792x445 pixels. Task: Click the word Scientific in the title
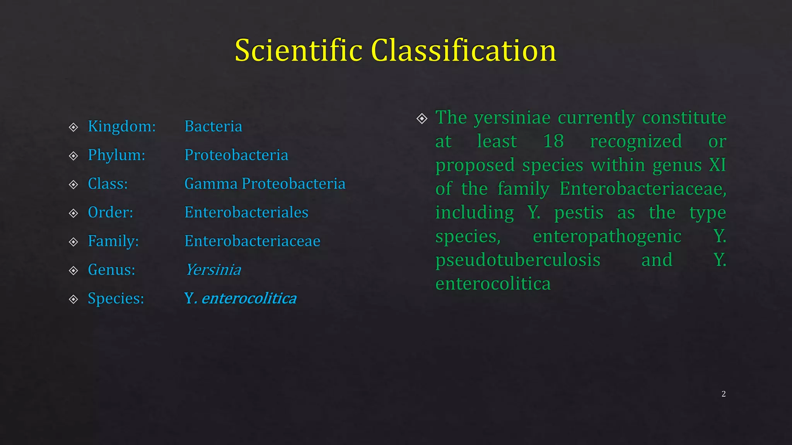tap(299, 50)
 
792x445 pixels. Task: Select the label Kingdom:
tap(121, 126)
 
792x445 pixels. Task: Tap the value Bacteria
tap(213, 126)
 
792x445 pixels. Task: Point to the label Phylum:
tap(116, 155)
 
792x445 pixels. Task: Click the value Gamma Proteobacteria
tap(265, 183)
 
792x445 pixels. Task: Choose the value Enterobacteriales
tap(246, 212)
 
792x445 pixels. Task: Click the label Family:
tap(113, 241)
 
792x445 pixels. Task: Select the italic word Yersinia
tap(213, 270)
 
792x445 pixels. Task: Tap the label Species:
tap(116, 298)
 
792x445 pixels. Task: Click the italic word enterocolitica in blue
tap(249, 298)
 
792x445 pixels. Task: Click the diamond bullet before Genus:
tap(73, 270)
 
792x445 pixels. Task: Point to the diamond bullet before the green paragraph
tap(422, 118)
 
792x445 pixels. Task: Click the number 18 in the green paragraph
tap(553, 141)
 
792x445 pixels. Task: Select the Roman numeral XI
tap(717, 165)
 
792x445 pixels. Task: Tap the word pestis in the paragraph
tap(579, 213)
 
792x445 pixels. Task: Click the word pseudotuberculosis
tap(517, 260)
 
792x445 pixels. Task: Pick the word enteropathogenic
tap(607, 236)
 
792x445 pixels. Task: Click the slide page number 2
tap(723, 394)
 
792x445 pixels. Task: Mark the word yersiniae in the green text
tap(512, 117)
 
